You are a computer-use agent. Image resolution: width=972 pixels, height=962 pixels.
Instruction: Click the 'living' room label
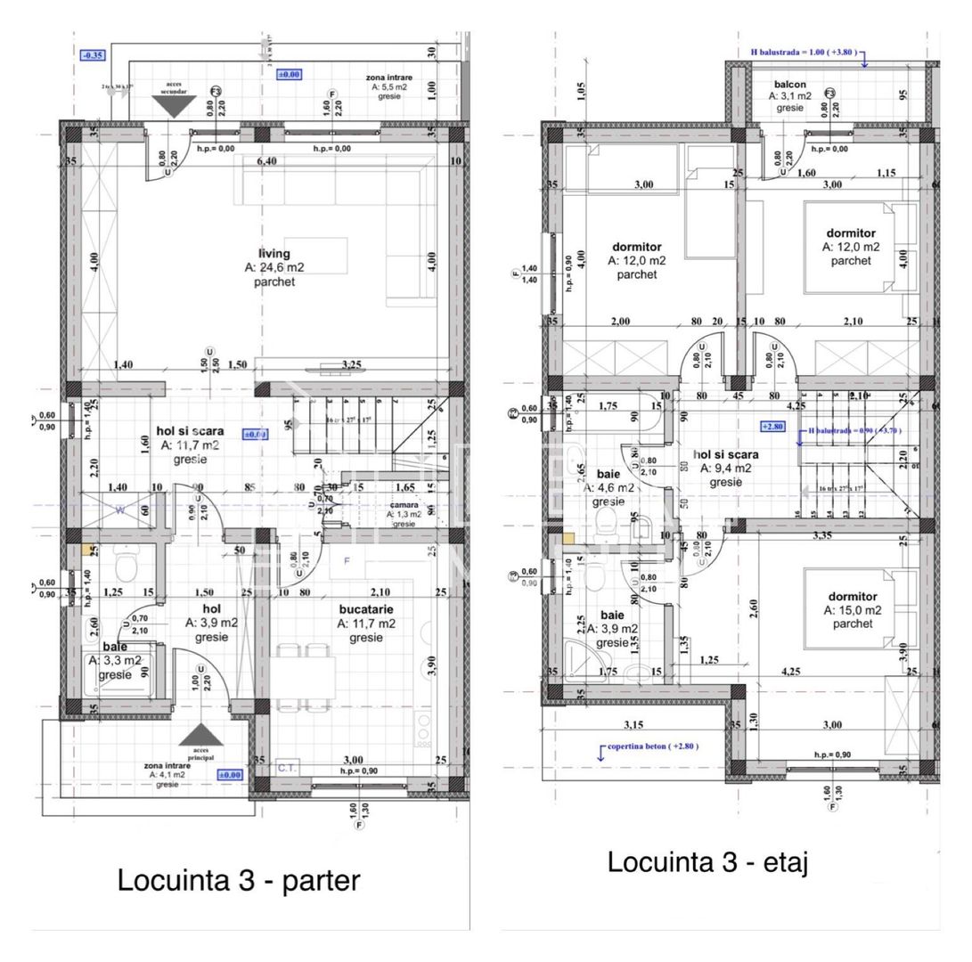pyautogui.click(x=274, y=254)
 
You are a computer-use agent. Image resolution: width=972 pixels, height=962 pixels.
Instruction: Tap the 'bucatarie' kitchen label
pyautogui.click(x=365, y=609)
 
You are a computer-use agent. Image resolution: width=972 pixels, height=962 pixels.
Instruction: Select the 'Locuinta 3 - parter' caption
pyautogui.click(x=239, y=880)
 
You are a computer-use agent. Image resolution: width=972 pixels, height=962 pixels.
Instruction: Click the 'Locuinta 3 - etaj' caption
pyautogui.click(x=707, y=861)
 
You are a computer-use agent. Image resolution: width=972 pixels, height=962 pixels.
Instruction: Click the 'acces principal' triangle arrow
pyautogui.click(x=201, y=735)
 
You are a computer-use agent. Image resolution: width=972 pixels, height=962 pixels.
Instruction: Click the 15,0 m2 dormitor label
pyautogui.click(x=852, y=597)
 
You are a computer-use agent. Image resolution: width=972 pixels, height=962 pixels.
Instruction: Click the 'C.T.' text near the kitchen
pyautogui.click(x=287, y=766)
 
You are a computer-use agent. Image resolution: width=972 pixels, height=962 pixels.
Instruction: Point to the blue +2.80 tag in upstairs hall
pyautogui.click(x=772, y=426)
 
